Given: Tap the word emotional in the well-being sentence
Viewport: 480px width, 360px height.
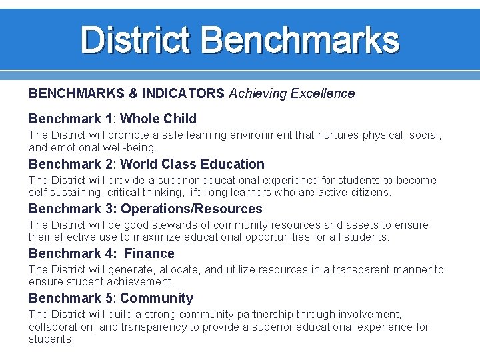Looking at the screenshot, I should (x=75, y=147).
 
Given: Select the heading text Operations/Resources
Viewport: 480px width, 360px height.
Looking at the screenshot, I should (x=191, y=209).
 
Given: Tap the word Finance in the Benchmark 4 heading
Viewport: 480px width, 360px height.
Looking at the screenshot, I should (x=149, y=253).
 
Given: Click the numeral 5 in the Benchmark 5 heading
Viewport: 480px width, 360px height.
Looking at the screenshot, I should (x=109, y=298).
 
